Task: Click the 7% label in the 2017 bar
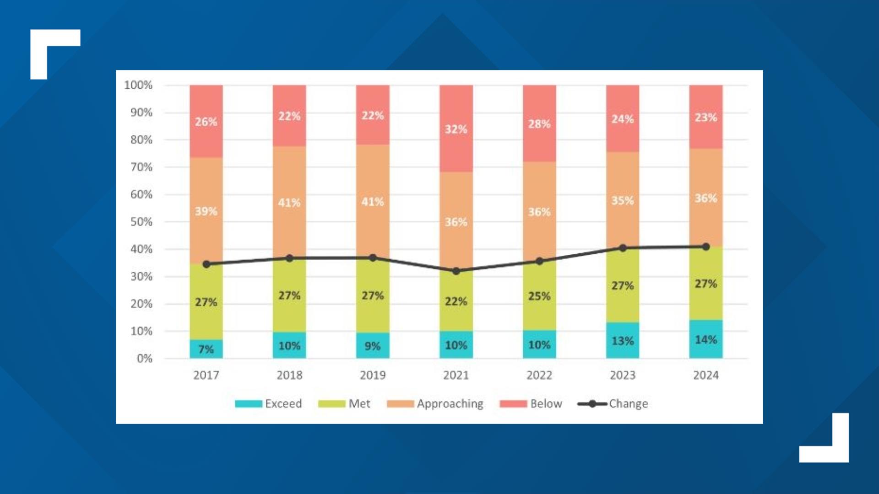[206, 349]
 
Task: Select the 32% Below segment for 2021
[456, 129]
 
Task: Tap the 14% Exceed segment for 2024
[705, 339]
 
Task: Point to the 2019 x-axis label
[373, 375]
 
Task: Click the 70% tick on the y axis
[141, 167]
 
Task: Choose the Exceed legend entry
[268, 403]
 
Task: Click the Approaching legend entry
[435, 403]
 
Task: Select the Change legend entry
[613, 403]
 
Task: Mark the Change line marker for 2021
[456, 271]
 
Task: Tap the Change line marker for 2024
[706, 247]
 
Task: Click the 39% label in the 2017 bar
[206, 211]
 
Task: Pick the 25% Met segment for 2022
[539, 296]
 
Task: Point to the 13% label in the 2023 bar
[623, 341]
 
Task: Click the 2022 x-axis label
[539, 375]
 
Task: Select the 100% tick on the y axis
[138, 85]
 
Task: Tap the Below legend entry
[531, 403]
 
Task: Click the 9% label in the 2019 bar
[373, 346]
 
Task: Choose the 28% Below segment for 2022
[539, 124]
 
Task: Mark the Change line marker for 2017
[206, 264]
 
